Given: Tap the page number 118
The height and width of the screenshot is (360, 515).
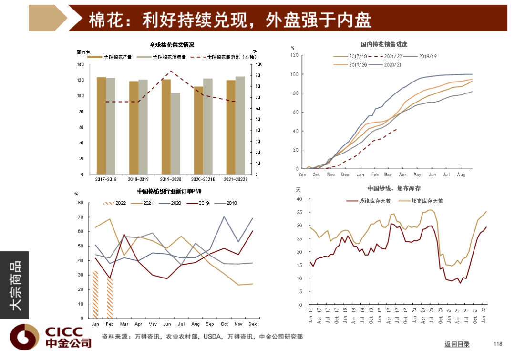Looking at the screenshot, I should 498,344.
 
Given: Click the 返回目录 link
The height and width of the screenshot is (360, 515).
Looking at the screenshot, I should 457,344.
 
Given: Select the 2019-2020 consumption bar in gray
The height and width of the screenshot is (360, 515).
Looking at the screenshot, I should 175,134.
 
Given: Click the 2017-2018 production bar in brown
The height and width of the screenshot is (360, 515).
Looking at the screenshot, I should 101,126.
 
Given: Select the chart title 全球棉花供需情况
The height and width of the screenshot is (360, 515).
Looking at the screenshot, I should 172,45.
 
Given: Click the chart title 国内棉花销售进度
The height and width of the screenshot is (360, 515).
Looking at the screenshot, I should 384,45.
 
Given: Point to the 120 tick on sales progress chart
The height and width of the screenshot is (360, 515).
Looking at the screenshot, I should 294,55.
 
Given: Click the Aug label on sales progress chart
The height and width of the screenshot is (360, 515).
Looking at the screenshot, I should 461,175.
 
